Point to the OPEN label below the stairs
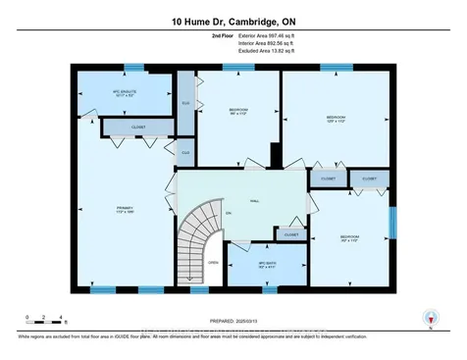click(212, 263)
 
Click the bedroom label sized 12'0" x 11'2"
click(336, 119)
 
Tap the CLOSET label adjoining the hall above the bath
click(290, 234)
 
